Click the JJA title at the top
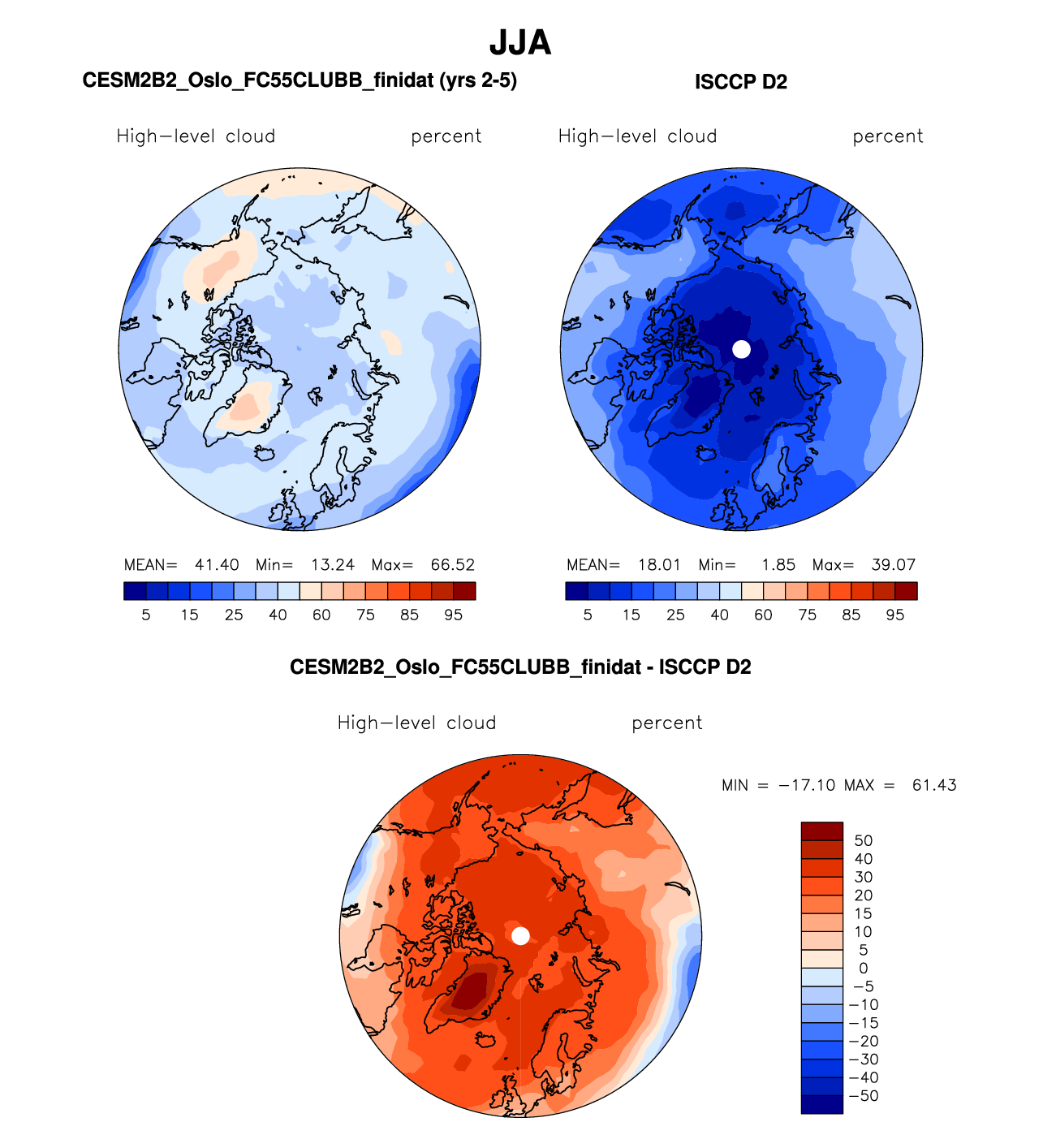tap(520, 43)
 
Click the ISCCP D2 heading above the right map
tap(740, 82)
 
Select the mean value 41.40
tap(217, 565)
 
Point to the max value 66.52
tap(452, 565)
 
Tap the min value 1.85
tap(778, 565)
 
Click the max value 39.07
tap(893, 565)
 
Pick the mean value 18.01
tap(658, 565)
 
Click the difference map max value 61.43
tap(934, 785)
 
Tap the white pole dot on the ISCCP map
tap(741, 349)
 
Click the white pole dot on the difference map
tap(521, 936)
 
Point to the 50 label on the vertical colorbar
tap(863, 841)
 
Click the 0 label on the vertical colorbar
tap(863, 969)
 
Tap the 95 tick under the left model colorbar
tap(453, 615)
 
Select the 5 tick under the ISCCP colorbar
tap(588, 615)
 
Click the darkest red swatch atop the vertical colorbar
tap(821, 831)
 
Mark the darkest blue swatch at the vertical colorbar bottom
tap(821, 1104)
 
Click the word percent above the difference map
tap(666, 723)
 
